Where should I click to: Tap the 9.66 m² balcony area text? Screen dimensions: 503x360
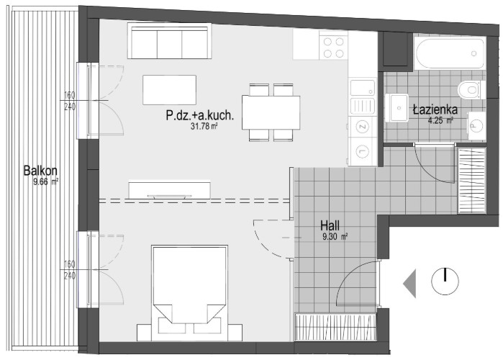point(45,182)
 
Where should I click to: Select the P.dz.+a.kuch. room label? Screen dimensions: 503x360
point(200,115)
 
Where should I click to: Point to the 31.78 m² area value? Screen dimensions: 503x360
point(204,127)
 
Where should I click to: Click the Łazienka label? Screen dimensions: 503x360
point(435,110)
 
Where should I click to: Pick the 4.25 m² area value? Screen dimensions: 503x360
point(440,121)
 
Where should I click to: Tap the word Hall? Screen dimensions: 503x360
point(330,225)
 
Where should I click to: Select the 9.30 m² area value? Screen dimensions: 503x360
point(335,237)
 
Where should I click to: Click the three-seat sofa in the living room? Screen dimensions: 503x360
point(169,41)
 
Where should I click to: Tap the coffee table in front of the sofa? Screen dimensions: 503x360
point(169,90)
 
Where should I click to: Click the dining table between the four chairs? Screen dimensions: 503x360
point(271,112)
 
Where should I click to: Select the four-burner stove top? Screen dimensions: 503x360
point(334,47)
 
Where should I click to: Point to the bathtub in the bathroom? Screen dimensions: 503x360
point(450,53)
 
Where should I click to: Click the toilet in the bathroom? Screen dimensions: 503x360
point(471,89)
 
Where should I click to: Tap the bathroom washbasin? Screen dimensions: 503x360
point(396,107)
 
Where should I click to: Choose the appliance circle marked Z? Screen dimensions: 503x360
point(363,127)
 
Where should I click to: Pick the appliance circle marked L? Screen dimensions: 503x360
point(363,151)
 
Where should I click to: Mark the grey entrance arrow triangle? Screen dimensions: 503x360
point(409,283)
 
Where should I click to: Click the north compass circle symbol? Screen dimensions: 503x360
point(445,282)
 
